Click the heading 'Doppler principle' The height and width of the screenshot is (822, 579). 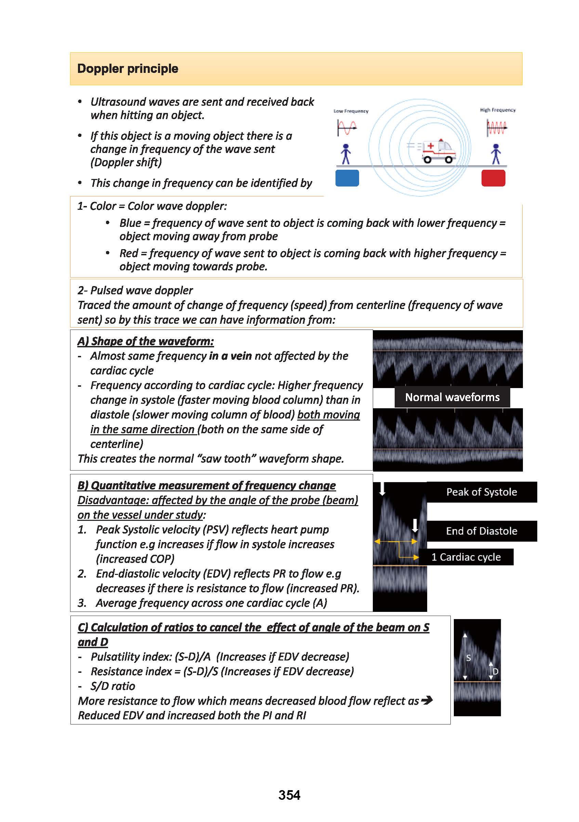128,69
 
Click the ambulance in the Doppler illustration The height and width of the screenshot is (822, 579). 439,151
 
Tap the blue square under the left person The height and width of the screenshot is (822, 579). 347,178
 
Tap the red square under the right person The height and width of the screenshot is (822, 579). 493,178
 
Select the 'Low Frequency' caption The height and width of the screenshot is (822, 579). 351,111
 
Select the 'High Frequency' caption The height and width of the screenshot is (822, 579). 497,110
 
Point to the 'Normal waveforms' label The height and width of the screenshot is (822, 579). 452,397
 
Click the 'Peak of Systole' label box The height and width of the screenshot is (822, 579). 481,492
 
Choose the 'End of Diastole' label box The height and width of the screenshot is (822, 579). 481,531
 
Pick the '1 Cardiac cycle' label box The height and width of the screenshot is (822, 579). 466,557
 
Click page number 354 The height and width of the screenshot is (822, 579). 289,795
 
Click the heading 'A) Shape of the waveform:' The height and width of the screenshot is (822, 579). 145,341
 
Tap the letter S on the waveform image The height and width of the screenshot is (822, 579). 469,658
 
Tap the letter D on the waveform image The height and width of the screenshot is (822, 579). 495,672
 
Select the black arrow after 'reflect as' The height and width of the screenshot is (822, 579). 427,700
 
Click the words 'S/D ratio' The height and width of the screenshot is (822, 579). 113,686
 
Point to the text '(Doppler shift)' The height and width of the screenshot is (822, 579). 126,163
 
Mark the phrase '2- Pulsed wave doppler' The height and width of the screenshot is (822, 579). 135,290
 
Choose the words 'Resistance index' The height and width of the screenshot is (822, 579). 131,671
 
